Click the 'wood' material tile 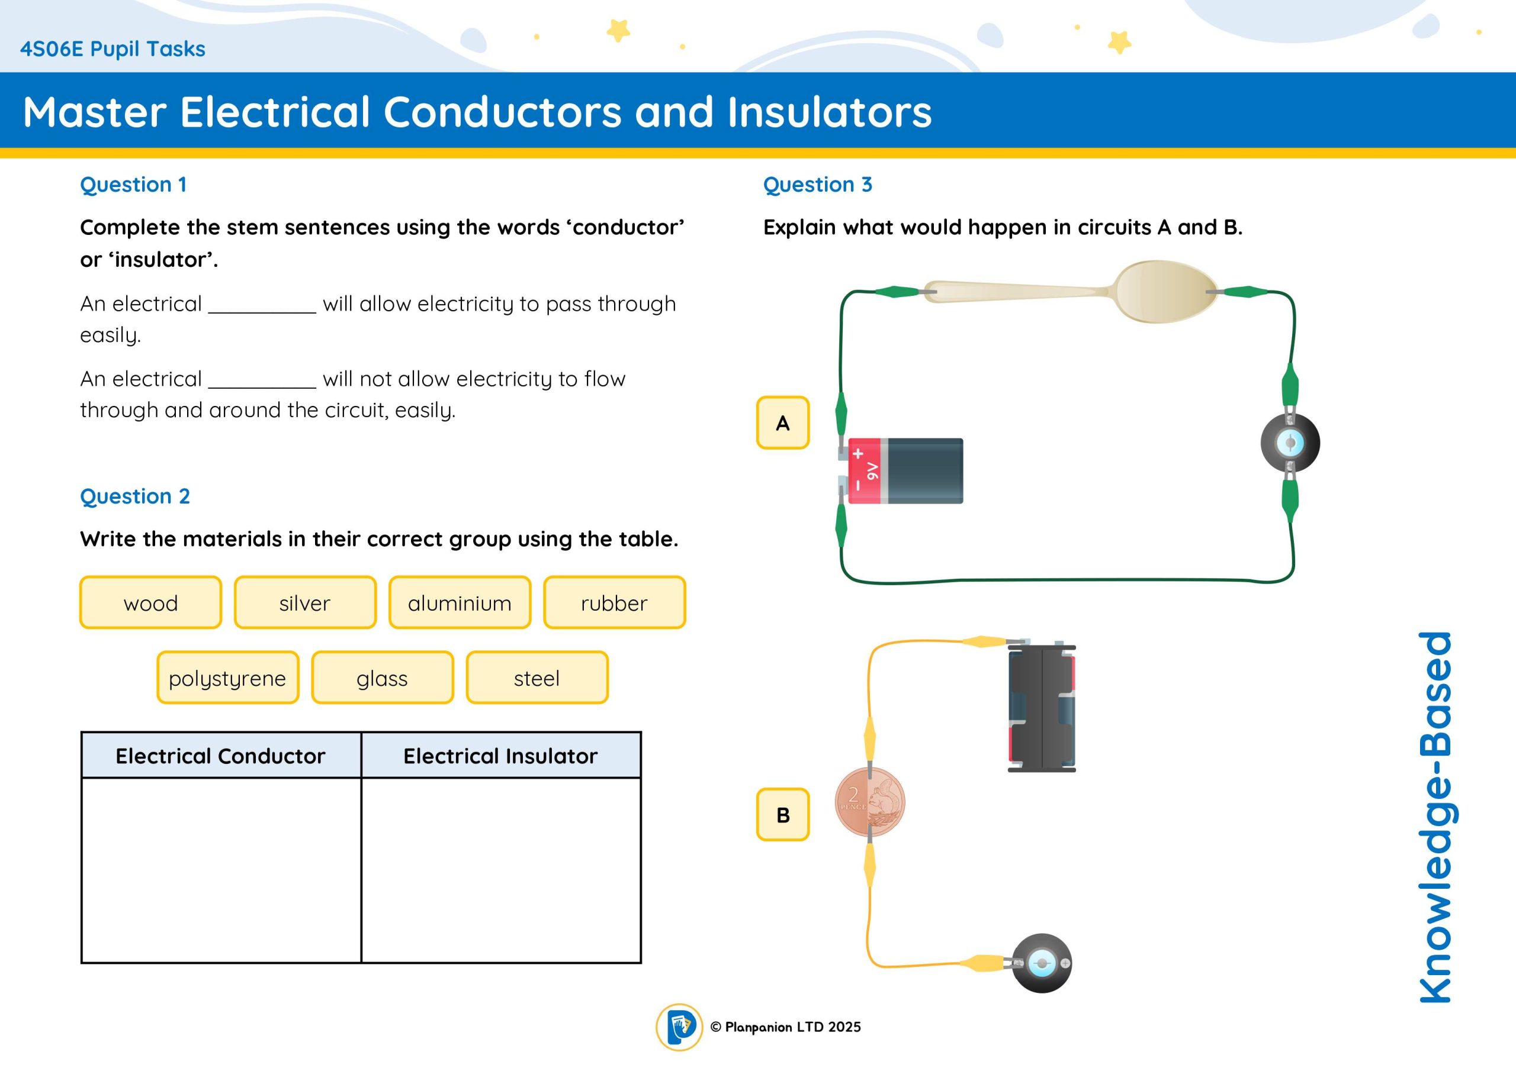point(150,602)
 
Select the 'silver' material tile point(305,602)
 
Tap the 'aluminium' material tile point(460,602)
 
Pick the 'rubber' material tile point(614,602)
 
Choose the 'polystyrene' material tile point(228,678)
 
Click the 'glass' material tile point(383,678)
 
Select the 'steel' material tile point(537,678)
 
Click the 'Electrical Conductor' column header point(220,756)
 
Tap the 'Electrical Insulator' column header point(500,756)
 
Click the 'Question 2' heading point(134,496)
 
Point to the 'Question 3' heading point(817,185)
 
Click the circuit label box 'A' point(782,423)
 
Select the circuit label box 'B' point(782,815)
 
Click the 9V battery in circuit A point(905,470)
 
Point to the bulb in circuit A point(1290,442)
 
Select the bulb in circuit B point(1042,963)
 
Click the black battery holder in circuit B point(1041,708)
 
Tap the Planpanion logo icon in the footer point(679,1027)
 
